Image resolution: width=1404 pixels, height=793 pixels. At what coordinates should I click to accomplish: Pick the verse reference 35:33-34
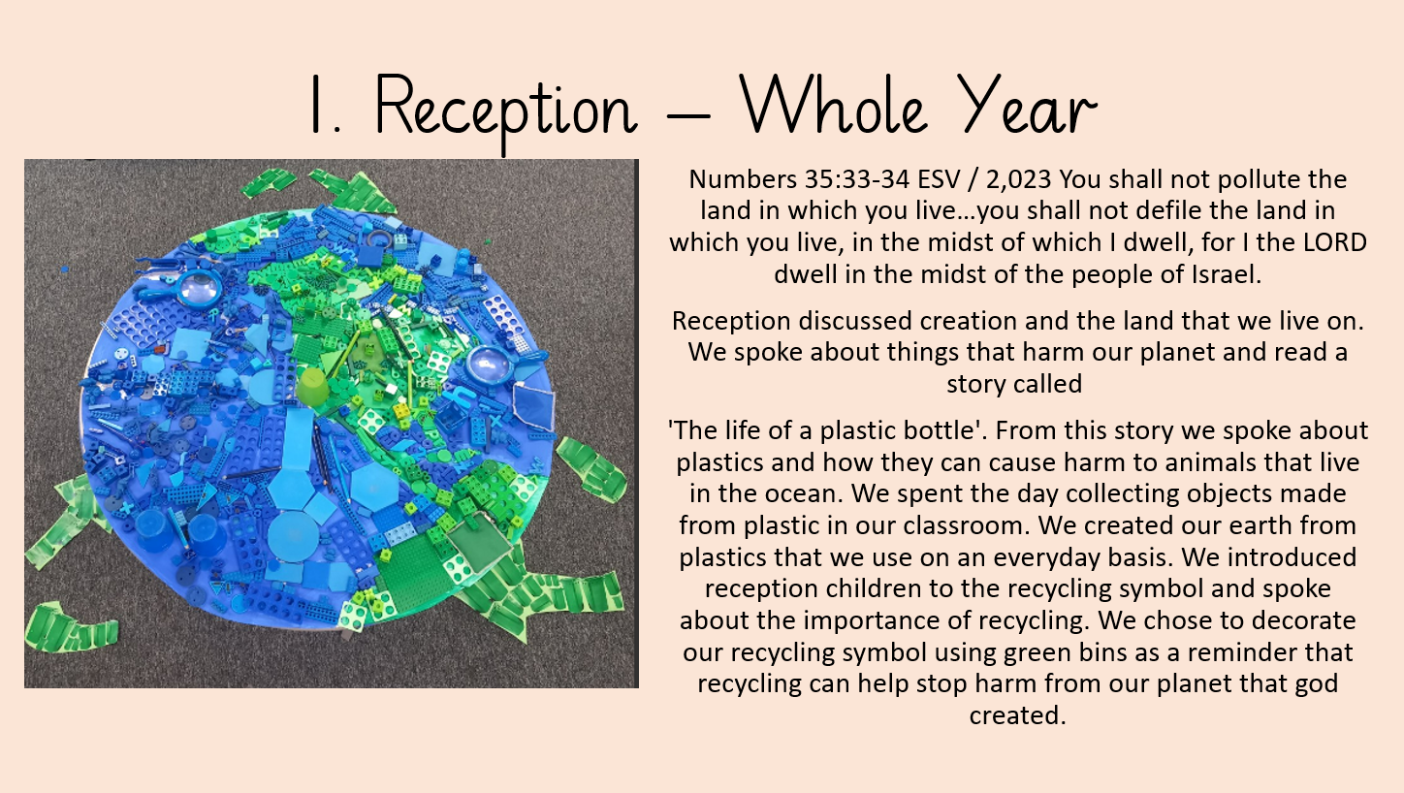[857, 179]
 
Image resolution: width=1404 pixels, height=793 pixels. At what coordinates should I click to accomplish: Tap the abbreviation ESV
[939, 179]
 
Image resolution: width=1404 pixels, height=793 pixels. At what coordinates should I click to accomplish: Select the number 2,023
[1018, 180]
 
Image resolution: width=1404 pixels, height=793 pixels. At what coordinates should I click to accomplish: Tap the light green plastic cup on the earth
[312, 387]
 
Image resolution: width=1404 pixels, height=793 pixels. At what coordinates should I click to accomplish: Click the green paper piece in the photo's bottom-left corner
[70, 627]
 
